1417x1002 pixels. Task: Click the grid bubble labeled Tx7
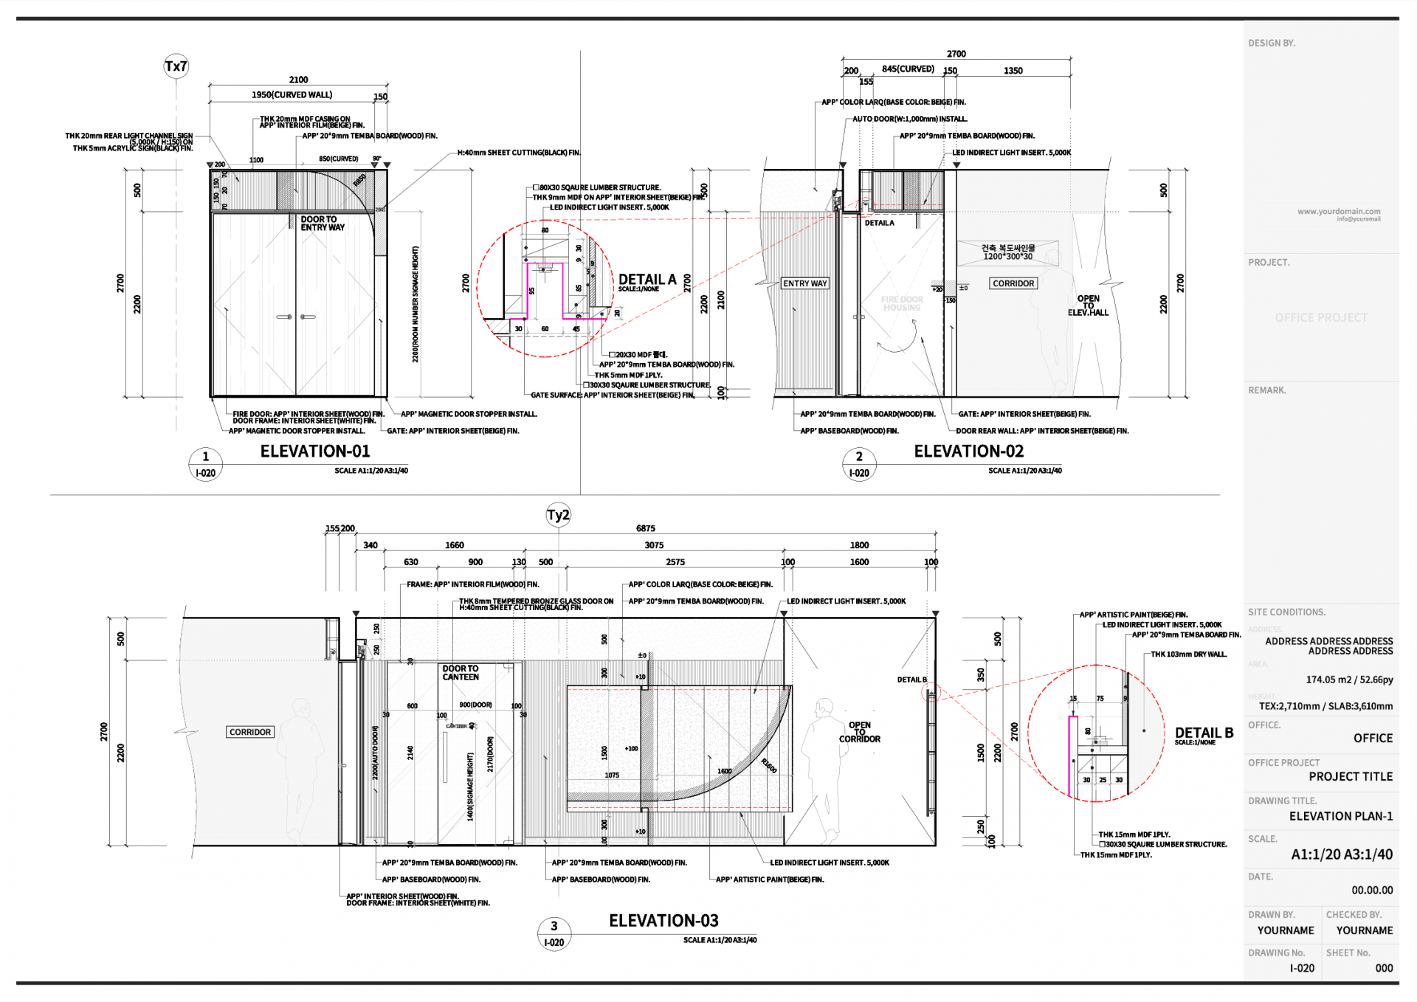coord(176,66)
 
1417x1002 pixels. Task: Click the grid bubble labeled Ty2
coord(558,515)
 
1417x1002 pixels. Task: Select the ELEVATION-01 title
coord(315,451)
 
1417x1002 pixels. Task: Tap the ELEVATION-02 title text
coord(968,451)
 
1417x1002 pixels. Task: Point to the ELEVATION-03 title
coord(663,920)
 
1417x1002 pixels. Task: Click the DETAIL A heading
coord(647,280)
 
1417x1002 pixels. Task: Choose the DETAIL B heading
coord(1204,733)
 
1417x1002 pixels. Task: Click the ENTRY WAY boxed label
coord(804,283)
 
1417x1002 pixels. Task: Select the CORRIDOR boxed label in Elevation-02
coord(1013,283)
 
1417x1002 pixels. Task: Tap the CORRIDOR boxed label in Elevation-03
coord(250,732)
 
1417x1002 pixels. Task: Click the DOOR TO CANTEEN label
coord(461,673)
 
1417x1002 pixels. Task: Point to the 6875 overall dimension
coord(646,528)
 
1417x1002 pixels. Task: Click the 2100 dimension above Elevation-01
coord(298,80)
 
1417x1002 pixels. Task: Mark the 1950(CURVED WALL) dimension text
coord(292,94)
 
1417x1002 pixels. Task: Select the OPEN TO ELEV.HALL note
coord(1088,305)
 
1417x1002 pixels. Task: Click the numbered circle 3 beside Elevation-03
coord(554,926)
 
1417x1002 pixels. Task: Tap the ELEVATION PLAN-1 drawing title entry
coord(1341,816)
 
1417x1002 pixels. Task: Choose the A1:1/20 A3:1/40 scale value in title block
coord(1342,854)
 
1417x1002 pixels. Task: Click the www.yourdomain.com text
coord(1339,212)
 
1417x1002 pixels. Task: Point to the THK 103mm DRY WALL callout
coord(1188,654)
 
